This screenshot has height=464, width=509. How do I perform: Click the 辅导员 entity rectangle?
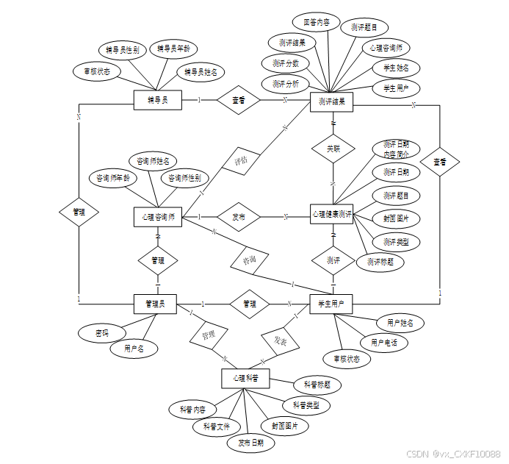[x=157, y=100]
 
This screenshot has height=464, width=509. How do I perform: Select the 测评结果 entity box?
[x=332, y=101]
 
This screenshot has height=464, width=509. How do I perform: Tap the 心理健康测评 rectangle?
[x=332, y=215]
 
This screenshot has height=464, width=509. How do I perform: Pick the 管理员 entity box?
[x=155, y=304]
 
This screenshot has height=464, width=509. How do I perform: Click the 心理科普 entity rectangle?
[x=245, y=378]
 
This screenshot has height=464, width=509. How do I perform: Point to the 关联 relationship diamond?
[x=333, y=148]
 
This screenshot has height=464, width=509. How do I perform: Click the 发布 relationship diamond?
[x=239, y=218]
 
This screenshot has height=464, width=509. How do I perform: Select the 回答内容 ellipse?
[x=316, y=22]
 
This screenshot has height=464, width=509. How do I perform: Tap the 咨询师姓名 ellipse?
[x=153, y=160]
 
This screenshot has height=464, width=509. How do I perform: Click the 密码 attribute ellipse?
[x=101, y=333]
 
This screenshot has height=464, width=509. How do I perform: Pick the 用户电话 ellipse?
[x=383, y=343]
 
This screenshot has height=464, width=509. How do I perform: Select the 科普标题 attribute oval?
[x=317, y=384]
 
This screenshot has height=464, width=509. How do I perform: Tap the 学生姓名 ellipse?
[x=396, y=68]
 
